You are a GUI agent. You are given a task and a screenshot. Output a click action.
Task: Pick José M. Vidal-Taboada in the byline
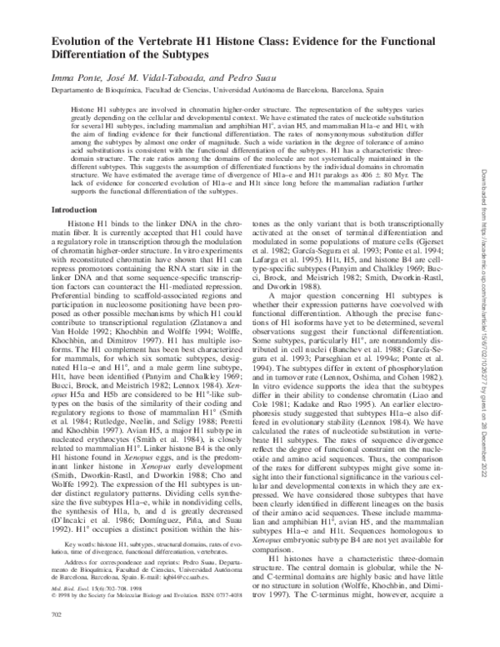(159, 76)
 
